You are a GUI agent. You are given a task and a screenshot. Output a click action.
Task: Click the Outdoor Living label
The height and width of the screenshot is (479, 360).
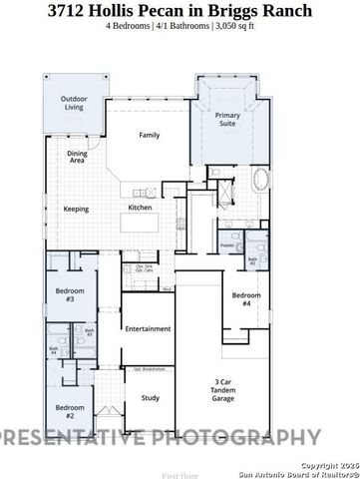point(74,104)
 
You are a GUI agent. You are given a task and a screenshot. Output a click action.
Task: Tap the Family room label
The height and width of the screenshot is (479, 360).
point(150,135)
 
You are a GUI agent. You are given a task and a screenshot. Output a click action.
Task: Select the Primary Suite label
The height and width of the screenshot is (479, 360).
point(228,121)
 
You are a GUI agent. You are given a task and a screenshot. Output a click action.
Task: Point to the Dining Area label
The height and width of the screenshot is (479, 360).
point(77,155)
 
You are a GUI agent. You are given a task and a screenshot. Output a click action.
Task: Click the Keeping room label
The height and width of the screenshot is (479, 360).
point(77,209)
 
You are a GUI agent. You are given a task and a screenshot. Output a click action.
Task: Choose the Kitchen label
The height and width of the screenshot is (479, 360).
point(140,208)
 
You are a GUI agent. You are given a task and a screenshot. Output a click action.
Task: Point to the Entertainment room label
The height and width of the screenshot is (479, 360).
point(148,328)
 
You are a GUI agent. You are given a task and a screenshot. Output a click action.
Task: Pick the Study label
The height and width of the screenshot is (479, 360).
point(150,398)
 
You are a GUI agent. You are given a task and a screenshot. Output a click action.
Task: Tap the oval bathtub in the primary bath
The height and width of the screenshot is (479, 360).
point(261,181)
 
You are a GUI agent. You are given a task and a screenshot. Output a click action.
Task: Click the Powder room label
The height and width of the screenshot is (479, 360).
point(227,244)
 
